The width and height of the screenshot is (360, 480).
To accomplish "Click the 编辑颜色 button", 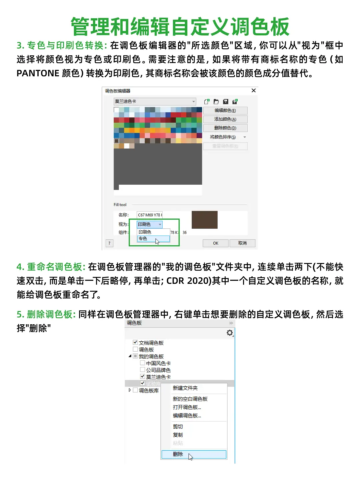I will point(225,111).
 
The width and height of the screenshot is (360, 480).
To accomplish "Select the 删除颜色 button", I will point(225,128).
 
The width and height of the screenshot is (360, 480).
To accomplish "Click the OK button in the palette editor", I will point(216,243).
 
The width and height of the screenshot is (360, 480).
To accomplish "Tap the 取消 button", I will point(242,243).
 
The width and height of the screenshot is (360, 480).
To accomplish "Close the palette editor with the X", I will point(254,91).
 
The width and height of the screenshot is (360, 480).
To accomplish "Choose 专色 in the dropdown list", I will point(153,239).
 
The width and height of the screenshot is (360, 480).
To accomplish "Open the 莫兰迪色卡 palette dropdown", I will point(193,102).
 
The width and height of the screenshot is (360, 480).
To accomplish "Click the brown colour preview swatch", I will point(204,219).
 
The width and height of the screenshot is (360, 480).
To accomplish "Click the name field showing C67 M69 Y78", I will point(149,215).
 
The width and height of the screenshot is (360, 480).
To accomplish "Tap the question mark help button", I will point(109,243).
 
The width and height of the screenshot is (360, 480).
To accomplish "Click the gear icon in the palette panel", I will point(230,333).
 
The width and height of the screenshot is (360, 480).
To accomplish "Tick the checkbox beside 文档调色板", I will point(135,342).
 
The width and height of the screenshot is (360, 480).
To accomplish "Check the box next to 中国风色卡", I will point(142,363).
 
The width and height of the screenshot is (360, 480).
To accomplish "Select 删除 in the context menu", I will point(193,454).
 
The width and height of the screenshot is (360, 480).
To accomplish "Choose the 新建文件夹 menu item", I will point(185,388).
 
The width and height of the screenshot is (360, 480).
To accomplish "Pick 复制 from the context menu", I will point(178,435).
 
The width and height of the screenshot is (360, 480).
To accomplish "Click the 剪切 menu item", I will point(178,426).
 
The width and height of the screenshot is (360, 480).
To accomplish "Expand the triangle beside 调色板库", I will point(130,390).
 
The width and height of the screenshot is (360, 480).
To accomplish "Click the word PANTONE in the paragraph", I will point(38,73).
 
